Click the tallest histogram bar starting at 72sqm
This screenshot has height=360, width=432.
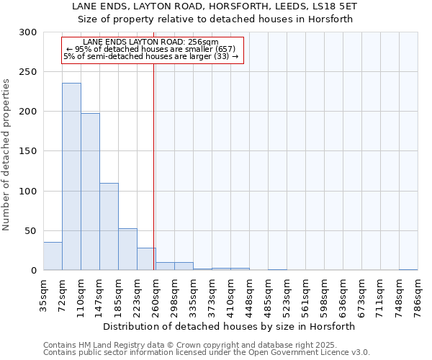click(71, 176)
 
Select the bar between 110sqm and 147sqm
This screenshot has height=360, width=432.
click(90, 192)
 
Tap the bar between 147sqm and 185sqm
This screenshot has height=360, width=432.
click(109, 227)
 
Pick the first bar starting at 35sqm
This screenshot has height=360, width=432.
click(53, 256)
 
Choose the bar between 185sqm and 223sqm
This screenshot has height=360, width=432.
click(127, 249)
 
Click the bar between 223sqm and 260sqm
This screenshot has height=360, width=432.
click(146, 259)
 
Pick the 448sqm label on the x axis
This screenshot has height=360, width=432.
click(249, 294)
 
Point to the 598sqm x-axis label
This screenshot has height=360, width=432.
click(324, 294)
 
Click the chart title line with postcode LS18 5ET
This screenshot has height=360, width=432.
click(215, 6)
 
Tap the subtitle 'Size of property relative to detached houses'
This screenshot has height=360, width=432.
click(215, 19)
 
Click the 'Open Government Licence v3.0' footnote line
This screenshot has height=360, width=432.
click(207, 353)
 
